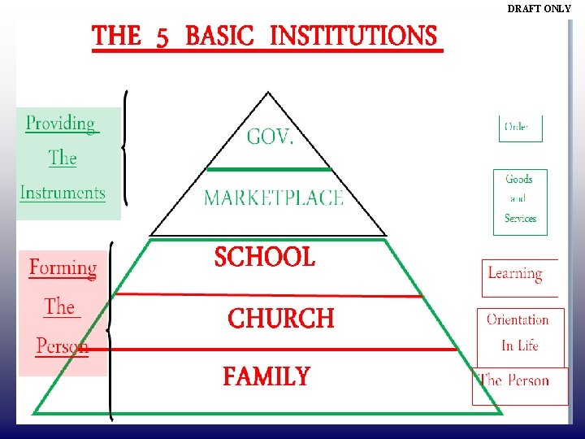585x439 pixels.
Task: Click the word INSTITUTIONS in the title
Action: point(353,36)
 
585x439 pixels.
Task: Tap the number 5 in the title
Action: point(162,37)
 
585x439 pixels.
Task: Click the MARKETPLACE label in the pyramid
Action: point(273,198)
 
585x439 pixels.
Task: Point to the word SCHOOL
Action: point(264,258)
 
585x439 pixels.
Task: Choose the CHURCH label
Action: point(280,318)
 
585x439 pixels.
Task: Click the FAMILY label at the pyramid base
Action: point(266,377)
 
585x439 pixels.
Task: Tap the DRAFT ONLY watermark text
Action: point(539,9)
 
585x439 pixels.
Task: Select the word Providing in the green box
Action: point(61,124)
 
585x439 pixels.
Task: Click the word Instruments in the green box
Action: point(63,193)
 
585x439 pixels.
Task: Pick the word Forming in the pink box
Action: point(63,267)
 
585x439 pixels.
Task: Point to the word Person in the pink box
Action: point(62,346)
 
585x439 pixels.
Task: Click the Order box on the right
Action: point(520,127)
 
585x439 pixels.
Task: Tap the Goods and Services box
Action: point(520,200)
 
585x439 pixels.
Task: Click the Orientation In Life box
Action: point(518,333)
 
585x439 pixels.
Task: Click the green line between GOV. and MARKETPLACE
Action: point(269,169)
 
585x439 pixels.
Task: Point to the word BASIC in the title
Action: point(219,37)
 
